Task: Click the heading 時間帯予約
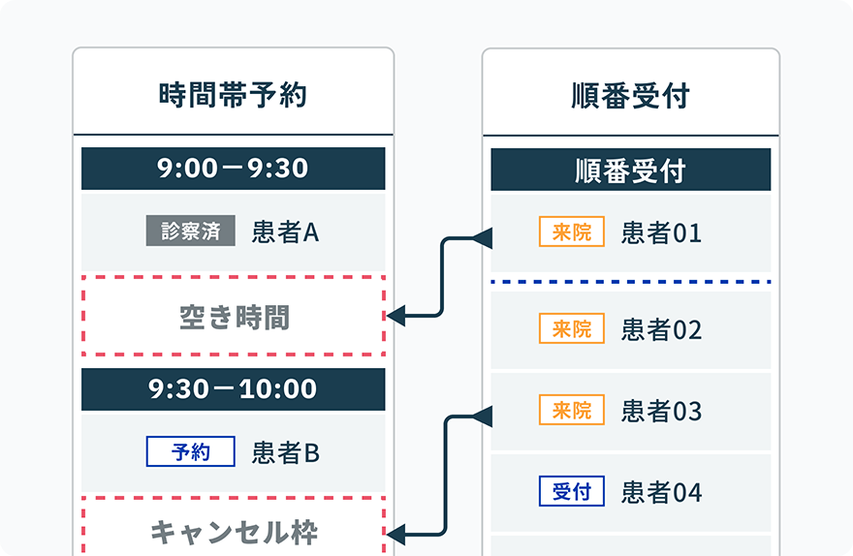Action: pyautogui.click(x=233, y=95)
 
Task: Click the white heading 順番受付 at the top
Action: pyautogui.click(x=630, y=96)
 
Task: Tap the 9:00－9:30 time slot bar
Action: pyautogui.click(x=233, y=169)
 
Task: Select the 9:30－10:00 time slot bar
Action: pyautogui.click(x=233, y=389)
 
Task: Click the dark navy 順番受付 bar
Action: pyautogui.click(x=630, y=170)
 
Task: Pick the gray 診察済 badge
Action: pyautogui.click(x=190, y=231)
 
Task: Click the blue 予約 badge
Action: pyautogui.click(x=190, y=451)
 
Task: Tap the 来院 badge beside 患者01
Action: pyautogui.click(x=572, y=232)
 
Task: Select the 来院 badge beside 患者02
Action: pyautogui.click(x=572, y=328)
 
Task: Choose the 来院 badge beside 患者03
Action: pyautogui.click(x=572, y=410)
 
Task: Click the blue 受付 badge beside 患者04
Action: pyautogui.click(x=572, y=491)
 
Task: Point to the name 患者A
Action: pyautogui.click(x=286, y=232)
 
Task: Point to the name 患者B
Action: pyautogui.click(x=286, y=452)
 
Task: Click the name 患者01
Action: pyautogui.click(x=661, y=232)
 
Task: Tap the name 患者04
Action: pyautogui.click(x=661, y=492)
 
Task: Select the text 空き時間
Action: pyautogui.click(x=234, y=318)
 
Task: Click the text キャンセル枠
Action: pyautogui.click(x=234, y=532)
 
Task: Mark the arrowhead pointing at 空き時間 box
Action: pyautogui.click(x=395, y=315)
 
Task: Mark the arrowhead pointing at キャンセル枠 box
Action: pyautogui.click(x=395, y=535)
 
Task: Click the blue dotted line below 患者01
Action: pyautogui.click(x=630, y=282)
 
